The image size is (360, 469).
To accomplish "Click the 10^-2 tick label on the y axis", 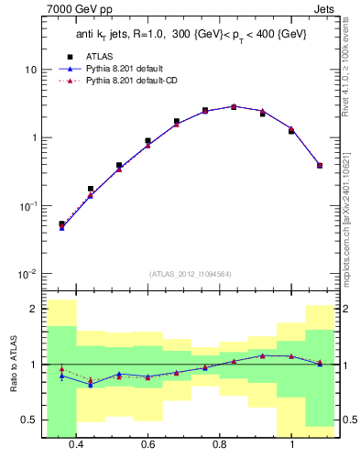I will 26,274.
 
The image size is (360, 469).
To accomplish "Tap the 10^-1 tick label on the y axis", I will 26,206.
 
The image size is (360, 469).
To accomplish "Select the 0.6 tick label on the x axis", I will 147,445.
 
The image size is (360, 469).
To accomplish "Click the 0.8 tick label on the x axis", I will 220,445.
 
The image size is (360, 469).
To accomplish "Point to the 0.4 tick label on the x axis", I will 76,445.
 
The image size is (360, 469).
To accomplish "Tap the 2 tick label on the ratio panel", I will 33,310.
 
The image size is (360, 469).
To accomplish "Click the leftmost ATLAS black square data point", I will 61,224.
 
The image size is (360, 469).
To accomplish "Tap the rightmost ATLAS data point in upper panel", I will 320,166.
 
